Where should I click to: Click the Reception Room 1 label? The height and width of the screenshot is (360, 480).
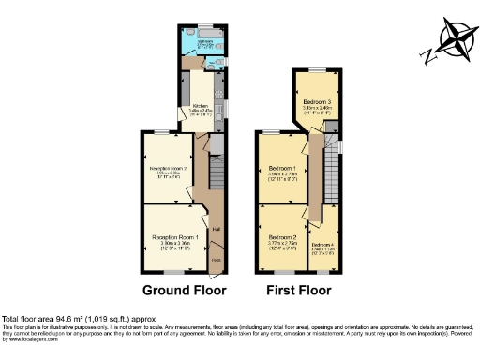(x=177, y=238)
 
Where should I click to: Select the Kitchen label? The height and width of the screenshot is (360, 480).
(x=200, y=106)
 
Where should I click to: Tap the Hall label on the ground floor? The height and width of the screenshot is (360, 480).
(x=216, y=229)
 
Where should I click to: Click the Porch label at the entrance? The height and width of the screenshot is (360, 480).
(x=216, y=260)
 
